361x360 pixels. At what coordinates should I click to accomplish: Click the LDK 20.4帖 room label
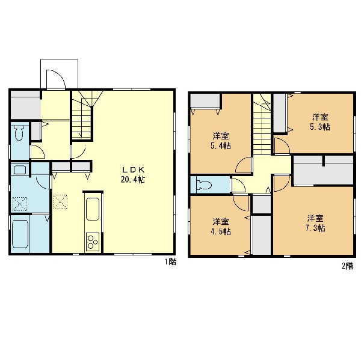coord(133,175)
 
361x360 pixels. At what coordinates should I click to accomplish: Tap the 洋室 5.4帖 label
coord(221,141)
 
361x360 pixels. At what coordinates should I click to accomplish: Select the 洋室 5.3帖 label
coord(320,122)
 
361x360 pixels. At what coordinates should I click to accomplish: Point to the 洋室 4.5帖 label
coord(221,227)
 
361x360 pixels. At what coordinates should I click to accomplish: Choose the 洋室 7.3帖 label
coord(315,223)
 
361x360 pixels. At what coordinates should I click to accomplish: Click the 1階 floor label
coord(170,261)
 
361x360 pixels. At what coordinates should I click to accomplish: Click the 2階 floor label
coord(347,266)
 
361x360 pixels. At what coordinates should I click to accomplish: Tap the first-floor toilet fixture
coord(19,133)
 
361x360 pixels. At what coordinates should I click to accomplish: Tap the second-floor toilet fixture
coord(204,185)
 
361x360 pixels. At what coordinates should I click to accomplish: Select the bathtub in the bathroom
coord(20,234)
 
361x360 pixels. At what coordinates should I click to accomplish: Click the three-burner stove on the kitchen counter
coord(93,242)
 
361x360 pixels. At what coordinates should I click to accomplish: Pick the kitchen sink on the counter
coord(93,209)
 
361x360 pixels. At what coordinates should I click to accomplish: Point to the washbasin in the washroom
coord(20,170)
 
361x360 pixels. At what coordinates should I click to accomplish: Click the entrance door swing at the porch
coord(56,79)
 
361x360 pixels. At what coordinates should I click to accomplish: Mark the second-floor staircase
coord(262,124)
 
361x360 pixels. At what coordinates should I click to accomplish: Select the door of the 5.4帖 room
coord(244,165)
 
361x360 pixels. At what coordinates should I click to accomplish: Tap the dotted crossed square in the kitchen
coord(60,201)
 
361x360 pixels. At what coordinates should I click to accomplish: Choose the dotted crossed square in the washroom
coord(19,204)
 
